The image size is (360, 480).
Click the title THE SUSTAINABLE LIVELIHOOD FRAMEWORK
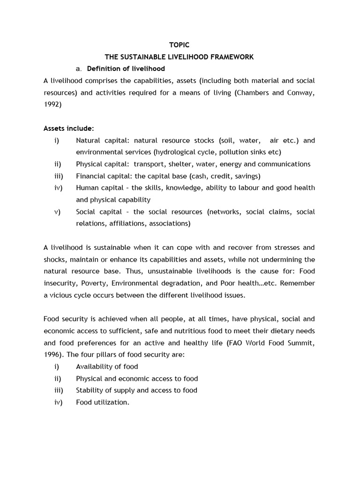coord(179,57)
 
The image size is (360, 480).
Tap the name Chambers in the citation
coord(254,93)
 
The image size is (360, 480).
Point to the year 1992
coord(52,105)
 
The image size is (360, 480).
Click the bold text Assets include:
coord(69,128)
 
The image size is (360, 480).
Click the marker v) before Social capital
coord(57,212)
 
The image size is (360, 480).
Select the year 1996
coord(52,355)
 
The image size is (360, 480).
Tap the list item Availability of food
coord(107,367)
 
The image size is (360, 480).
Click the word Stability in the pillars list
coord(90,390)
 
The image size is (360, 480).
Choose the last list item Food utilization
coord(102,402)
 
